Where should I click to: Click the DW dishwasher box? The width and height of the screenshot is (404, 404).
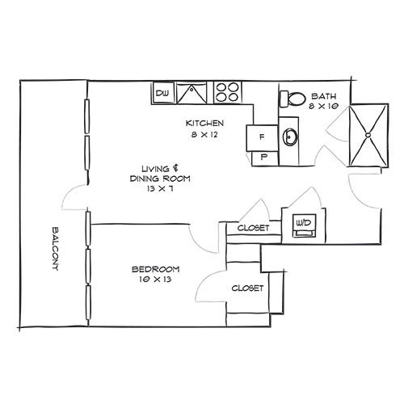pyautogui.click(x=162, y=93)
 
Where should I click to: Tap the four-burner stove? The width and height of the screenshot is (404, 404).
pyautogui.click(x=228, y=92)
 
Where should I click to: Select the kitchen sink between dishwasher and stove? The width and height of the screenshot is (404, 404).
pyautogui.click(x=191, y=93)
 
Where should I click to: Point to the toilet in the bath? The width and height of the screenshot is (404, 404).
pyautogui.click(x=292, y=99)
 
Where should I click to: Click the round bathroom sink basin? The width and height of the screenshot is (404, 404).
pyautogui.click(x=289, y=137)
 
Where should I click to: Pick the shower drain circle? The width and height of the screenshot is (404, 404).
pyautogui.click(x=368, y=135)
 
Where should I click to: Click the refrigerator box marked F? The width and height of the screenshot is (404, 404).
pyautogui.click(x=262, y=137)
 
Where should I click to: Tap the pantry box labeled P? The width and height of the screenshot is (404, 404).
pyautogui.click(x=265, y=158)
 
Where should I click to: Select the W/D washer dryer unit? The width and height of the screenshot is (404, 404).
pyautogui.click(x=305, y=225)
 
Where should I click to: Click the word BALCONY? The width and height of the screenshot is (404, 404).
pyautogui.click(x=55, y=249)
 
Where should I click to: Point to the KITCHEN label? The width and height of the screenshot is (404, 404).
pyautogui.click(x=204, y=124)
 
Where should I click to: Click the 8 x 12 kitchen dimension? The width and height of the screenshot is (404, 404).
pyautogui.click(x=204, y=134)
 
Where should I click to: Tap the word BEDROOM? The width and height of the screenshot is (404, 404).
pyautogui.click(x=156, y=269)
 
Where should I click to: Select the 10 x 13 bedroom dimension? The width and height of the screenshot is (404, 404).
pyautogui.click(x=156, y=280)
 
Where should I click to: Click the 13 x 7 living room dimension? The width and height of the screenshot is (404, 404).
pyautogui.click(x=160, y=188)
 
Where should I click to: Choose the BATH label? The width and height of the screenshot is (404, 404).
pyautogui.click(x=324, y=96)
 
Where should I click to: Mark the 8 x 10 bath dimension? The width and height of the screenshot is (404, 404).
pyautogui.click(x=323, y=106)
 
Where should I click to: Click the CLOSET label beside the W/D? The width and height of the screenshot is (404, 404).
pyautogui.click(x=253, y=228)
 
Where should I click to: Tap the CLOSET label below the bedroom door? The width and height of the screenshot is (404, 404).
pyautogui.click(x=247, y=288)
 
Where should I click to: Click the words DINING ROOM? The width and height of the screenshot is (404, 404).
pyautogui.click(x=160, y=179)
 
